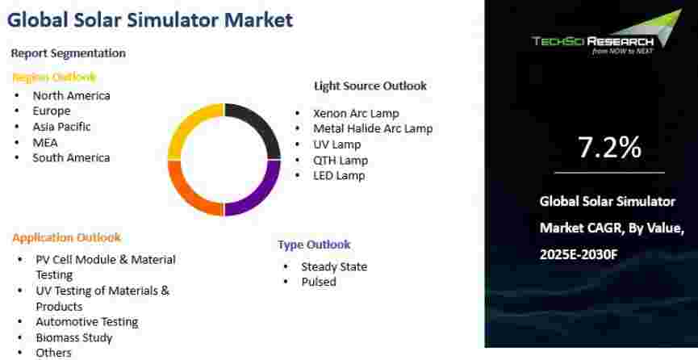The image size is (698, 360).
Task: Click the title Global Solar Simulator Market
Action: coord(150,20)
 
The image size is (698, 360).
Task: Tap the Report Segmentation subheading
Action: coord(68,53)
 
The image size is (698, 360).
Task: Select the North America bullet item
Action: coord(71,95)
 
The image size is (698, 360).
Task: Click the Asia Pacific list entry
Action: coord(61,127)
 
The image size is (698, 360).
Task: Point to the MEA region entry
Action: coord(45,143)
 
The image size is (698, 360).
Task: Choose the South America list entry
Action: coord(71,157)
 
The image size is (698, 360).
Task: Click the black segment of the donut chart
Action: coord(261,126)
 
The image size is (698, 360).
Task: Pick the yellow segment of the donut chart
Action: coord(188,126)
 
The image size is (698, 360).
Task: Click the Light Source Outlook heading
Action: coord(370,86)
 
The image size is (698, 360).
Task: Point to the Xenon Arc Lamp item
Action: coord(356,114)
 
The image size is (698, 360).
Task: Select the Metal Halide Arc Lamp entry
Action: coord(373,129)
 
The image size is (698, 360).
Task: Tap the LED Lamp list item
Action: coord(339,175)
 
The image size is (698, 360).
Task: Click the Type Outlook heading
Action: coord(314,244)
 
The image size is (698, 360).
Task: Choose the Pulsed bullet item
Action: coord(319,282)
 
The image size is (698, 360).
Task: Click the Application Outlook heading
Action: coord(67,237)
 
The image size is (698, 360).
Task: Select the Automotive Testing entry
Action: coord(87,322)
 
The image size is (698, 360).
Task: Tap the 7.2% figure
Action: coord(609,148)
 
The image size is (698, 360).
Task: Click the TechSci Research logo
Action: coord(607,32)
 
